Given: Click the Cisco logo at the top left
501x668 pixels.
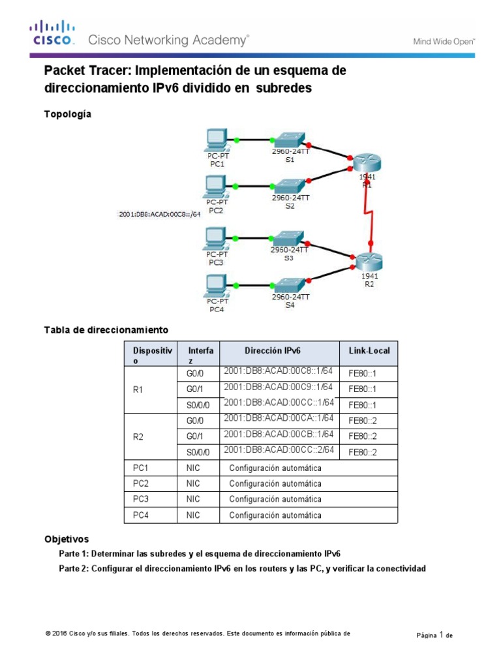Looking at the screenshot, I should coord(51,32).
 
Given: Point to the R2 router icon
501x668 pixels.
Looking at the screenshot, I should coord(367,261).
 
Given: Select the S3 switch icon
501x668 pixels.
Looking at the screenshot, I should coord(287,237).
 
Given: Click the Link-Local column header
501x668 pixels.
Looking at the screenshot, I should coord(369,350).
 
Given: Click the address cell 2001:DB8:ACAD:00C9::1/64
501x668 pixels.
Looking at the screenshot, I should coord(279,387).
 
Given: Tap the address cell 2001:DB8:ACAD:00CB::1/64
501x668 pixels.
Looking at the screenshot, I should coord(279,434).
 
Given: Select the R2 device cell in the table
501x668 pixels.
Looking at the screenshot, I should coord(138,436).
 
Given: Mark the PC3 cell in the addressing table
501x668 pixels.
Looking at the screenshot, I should coord(141,499).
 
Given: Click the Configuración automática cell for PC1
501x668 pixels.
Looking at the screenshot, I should coord(275,468).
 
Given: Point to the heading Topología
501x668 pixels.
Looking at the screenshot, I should coord(67,114).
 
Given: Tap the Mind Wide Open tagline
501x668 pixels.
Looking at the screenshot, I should coord(444,41).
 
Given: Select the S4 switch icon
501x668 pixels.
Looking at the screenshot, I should coord(287,285).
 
